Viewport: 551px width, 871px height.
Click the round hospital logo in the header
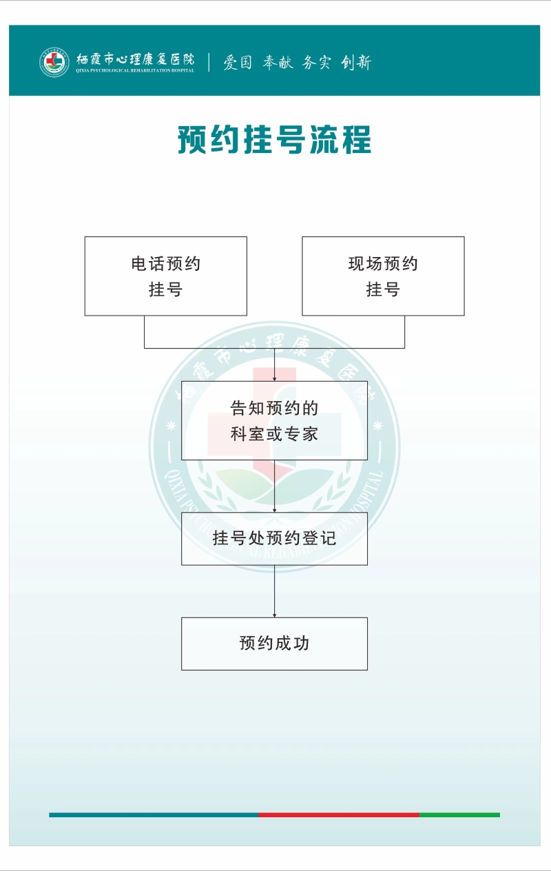[54, 62]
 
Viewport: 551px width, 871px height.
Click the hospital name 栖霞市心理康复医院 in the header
[135, 59]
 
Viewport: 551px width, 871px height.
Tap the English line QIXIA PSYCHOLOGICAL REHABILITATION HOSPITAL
[135, 70]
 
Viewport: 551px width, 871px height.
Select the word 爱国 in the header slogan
[238, 62]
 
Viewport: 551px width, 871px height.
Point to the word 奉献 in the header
[278, 62]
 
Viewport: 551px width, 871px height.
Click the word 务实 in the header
[317, 62]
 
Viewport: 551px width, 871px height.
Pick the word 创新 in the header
[356, 62]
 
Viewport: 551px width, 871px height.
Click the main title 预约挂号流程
[275, 139]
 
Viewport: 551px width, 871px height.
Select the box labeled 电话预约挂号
[166, 276]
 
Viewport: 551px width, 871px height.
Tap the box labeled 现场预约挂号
[383, 276]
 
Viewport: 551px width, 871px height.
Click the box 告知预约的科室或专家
[274, 421]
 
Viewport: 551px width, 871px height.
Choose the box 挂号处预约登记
[274, 539]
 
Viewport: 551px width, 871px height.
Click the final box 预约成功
[274, 644]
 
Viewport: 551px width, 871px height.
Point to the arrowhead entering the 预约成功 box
[274, 615]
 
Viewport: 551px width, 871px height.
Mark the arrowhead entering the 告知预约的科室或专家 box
[274, 379]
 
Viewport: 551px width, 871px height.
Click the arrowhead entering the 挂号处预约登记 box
[274, 510]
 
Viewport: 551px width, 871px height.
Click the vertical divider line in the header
[209, 62]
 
